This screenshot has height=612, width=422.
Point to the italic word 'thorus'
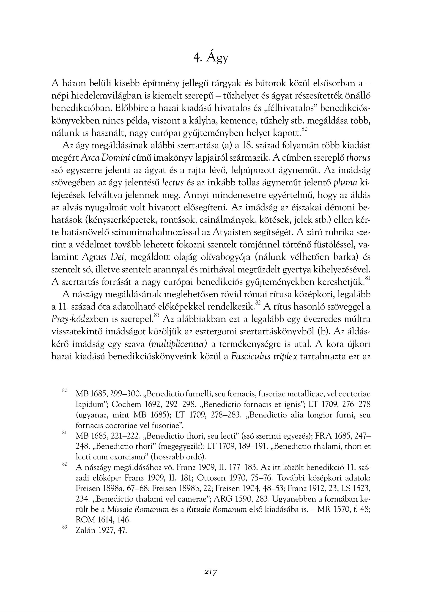click(358, 158)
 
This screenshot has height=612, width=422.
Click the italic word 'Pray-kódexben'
click(79, 319)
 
